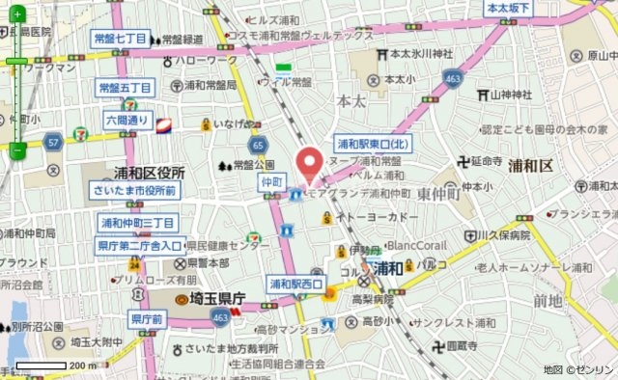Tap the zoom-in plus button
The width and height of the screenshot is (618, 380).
click(17, 62)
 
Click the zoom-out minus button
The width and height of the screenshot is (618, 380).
click(17, 149)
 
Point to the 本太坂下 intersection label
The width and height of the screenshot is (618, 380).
click(510, 8)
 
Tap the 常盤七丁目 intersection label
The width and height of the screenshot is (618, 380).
click(121, 40)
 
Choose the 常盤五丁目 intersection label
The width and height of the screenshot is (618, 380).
click(126, 89)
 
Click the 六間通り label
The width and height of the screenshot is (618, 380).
click(127, 121)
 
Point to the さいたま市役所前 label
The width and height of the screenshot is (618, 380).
click(134, 191)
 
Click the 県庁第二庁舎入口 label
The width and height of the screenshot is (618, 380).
click(140, 246)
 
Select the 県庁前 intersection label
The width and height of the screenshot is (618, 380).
click(148, 318)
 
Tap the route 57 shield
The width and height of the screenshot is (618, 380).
click(54, 143)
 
